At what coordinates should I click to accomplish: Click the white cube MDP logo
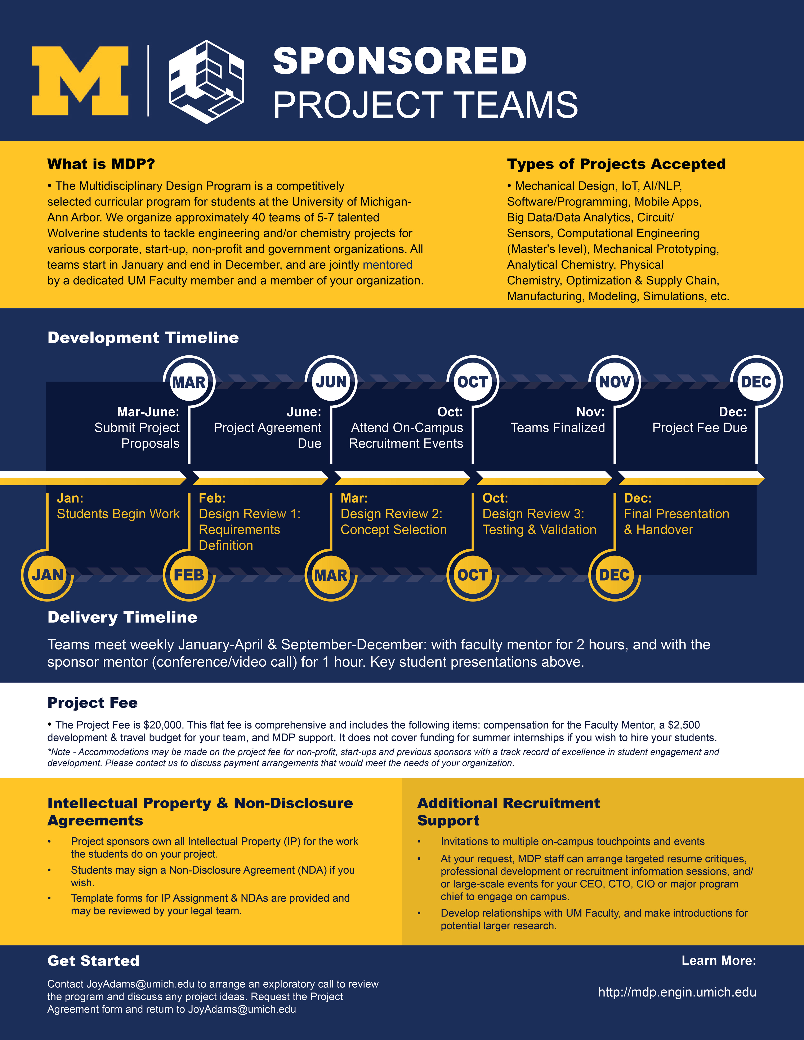[206, 82]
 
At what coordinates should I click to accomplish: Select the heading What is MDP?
[101, 164]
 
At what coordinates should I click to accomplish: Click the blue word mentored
[387, 265]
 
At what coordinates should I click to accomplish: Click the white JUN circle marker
[331, 381]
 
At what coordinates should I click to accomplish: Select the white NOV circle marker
[615, 381]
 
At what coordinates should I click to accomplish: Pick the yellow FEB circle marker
[189, 575]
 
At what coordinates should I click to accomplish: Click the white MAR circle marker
[189, 381]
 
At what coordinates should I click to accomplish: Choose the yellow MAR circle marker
[331, 575]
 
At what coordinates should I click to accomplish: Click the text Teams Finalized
[557, 428]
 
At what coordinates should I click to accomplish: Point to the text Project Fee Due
[699, 428]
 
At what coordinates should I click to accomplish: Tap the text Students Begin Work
[118, 514]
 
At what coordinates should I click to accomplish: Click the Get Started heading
[93, 960]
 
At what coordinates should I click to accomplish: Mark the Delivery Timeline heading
[122, 617]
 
